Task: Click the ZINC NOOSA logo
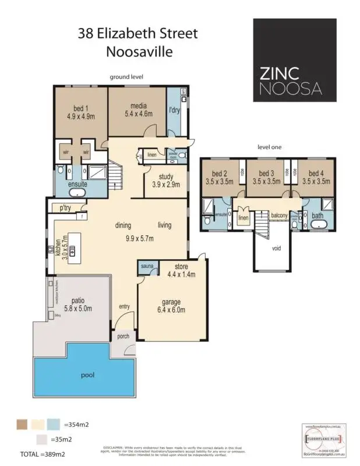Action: click(294, 60)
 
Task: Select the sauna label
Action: click(146, 267)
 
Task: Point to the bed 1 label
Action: click(80, 111)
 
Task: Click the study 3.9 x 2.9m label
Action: click(165, 181)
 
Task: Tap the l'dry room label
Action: click(174, 111)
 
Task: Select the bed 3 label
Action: click(267, 177)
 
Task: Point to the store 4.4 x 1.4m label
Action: click(181, 271)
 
